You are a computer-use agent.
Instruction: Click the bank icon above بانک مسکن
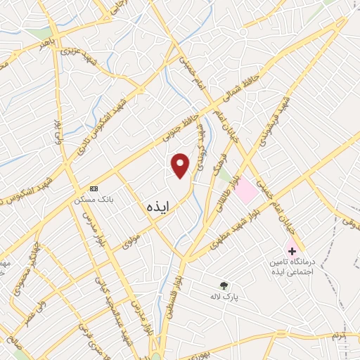point(94,188)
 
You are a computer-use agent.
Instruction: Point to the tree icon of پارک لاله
point(224,285)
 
